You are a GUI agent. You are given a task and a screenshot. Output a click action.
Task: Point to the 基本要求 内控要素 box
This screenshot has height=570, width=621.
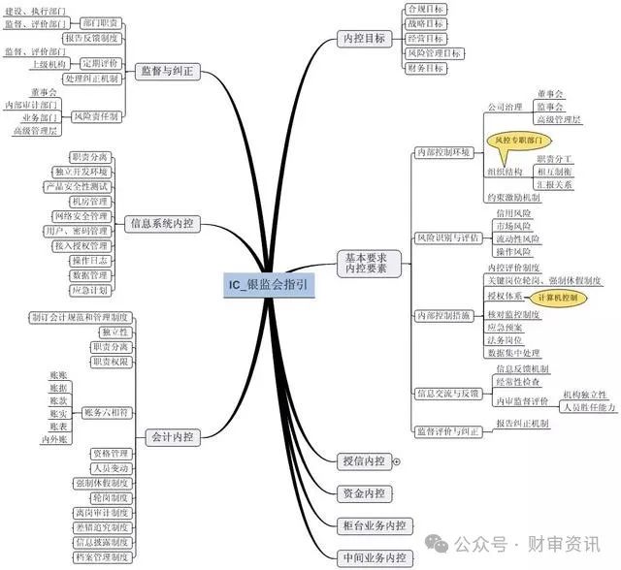(366, 263)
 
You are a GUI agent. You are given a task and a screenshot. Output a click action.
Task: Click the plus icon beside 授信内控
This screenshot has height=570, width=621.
(396, 461)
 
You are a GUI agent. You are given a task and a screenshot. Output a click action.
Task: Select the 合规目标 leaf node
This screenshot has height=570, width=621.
(425, 9)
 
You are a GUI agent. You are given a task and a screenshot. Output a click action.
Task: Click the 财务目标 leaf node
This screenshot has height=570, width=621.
(425, 69)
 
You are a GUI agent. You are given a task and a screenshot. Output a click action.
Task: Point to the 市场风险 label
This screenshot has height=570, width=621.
(511, 226)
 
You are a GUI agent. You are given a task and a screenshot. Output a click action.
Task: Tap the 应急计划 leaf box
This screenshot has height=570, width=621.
(90, 290)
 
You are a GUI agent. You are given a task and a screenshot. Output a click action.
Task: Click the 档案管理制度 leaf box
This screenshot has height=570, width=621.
(101, 557)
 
